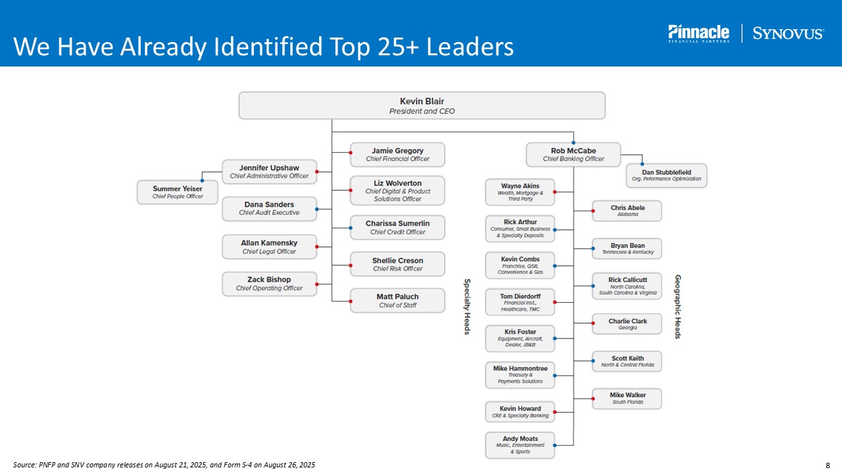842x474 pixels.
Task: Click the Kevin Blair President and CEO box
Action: pyautogui.click(x=422, y=105)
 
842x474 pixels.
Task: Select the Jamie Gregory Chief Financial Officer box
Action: pyautogui.click(x=397, y=155)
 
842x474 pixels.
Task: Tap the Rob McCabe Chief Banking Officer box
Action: pyautogui.click(x=573, y=155)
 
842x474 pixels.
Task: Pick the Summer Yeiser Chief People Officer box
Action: pyautogui.click(x=178, y=192)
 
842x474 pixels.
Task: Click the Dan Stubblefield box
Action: pyautogui.click(x=666, y=175)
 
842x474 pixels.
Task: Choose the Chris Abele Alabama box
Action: pyautogui.click(x=627, y=211)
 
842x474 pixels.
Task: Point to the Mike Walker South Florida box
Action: pyautogui.click(x=627, y=398)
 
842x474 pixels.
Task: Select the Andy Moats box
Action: pyautogui.click(x=520, y=445)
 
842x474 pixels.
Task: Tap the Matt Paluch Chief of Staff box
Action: pyautogui.click(x=397, y=301)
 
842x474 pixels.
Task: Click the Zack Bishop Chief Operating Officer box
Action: pyautogui.click(x=269, y=284)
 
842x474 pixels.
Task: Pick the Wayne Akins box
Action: pyautogui.click(x=520, y=192)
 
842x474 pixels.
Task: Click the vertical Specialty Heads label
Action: pyautogui.click(x=467, y=306)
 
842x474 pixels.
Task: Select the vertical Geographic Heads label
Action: pyautogui.click(x=678, y=307)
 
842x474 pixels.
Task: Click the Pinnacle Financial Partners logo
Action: pyautogui.click(x=699, y=34)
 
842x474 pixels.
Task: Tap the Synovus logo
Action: pyautogui.click(x=787, y=34)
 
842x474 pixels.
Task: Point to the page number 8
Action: pyautogui.click(x=828, y=465)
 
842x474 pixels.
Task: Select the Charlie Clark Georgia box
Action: pyautogui.click(x=627, y=324)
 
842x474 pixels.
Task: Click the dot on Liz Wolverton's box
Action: pyautogui.click(x=351, y=190)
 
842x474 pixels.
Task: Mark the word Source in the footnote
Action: pyautogui.click(x=24, y=465)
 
